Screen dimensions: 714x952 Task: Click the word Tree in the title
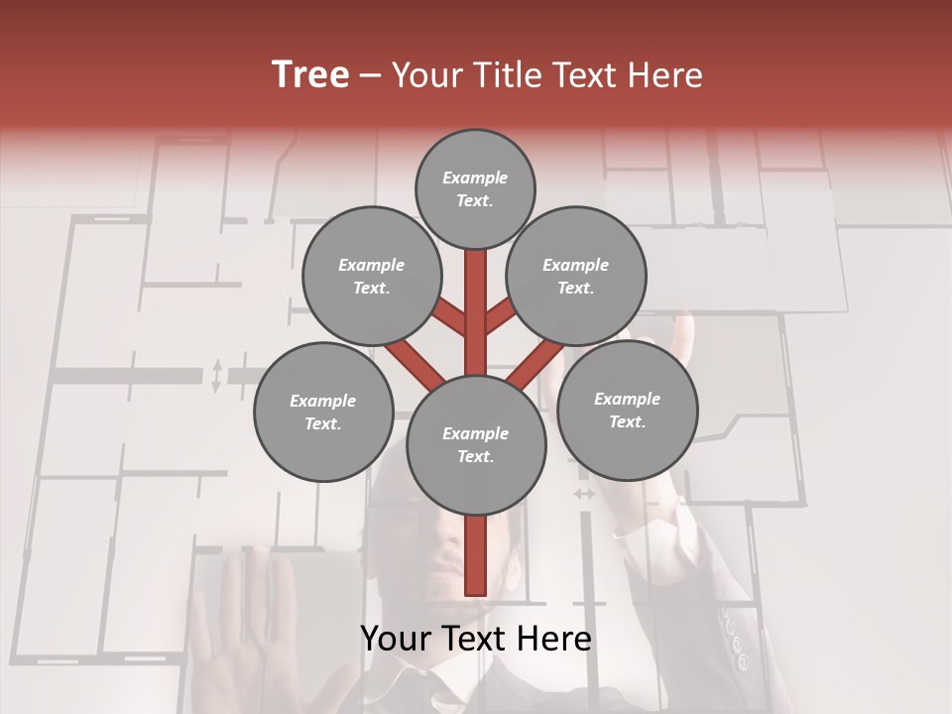[x=310, y=75]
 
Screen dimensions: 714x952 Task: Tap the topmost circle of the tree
[x=475, y=188]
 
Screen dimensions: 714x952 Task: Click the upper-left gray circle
[x=371, y=276]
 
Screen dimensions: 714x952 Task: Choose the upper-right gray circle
[x=575, y=276]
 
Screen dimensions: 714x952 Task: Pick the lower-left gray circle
[x=323, y=412]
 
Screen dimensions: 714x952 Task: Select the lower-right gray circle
[x=627, y=410]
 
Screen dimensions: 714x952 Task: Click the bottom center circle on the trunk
[x=475, y=444]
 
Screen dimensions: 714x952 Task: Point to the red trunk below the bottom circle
[x=475, y=555]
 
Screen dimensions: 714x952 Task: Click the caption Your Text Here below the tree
[x=475, y=639]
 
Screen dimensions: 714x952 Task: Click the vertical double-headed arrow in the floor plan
[x=216, y=376]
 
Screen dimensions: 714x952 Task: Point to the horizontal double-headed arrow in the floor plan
[x=584, y=493]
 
